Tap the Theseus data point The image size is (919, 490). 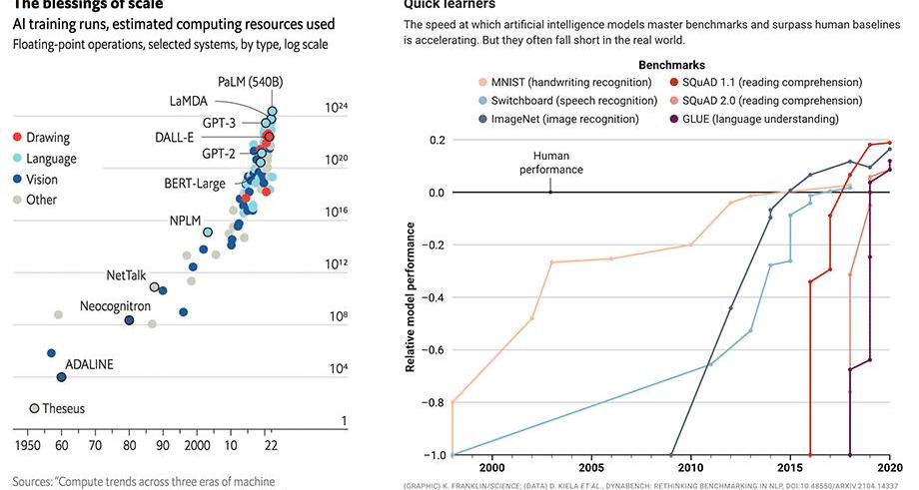click(x=34, y=408)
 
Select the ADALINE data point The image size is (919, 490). click(x=61, y=377)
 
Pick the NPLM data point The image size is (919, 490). click(x=208, y=233)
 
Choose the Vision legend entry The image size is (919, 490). click(x=41, y=180)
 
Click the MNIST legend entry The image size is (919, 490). click(x=564, y=82)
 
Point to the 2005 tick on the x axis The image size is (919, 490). click(x=590, y=466)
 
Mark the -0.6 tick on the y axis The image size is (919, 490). click(x=432, y=350)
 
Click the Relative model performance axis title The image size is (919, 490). click(x=411, y=297)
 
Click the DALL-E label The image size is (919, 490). click(x=174, y=137)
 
